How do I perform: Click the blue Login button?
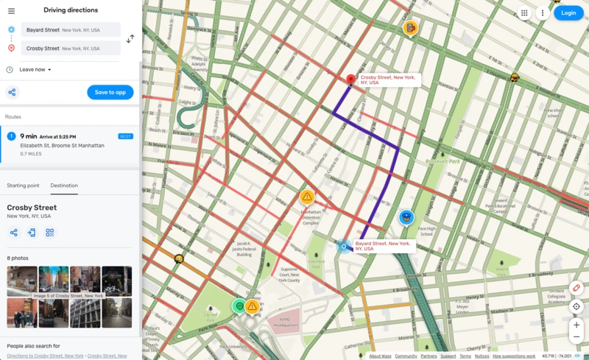point(568,13)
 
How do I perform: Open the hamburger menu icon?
point(11,10)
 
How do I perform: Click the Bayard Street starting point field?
point(71,29)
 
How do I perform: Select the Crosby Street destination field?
point(71,48)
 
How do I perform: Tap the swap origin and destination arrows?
point(130,38)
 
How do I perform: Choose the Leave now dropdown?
point(35,69)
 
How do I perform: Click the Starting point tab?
point(23,186)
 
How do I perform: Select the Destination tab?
point(64,186)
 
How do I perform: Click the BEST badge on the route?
point(126,136)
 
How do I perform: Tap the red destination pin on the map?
point(351,80)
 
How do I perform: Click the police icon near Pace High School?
point(406,217)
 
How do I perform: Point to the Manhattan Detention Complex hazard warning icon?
point(307,197)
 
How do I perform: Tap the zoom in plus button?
point(576,325)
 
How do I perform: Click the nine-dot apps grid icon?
point(524,13)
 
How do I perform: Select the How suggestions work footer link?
point(515,356)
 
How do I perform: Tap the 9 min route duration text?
point(29,136)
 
